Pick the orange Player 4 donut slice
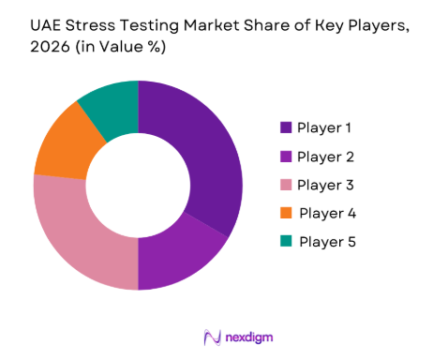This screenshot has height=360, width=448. [x=62, y=145]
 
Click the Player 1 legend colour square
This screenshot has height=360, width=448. [x=284, y=127]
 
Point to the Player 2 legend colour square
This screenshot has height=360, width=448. [x=284, y=156]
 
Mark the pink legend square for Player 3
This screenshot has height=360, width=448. [x=284, y=185]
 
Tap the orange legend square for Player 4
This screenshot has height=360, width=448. [x=284, y=213]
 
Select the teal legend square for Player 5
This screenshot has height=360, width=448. [x=284, y=242]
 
